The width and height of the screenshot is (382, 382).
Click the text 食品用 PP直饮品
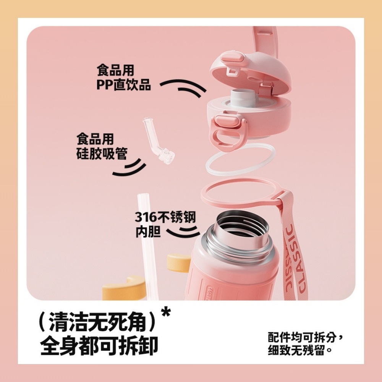pyautogui.click(x=123, y=78)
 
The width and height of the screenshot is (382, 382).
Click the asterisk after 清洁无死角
pyautogui.click(x=165, y=314)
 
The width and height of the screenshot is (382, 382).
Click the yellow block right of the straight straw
pyautogui.click(x=178, y=263)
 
